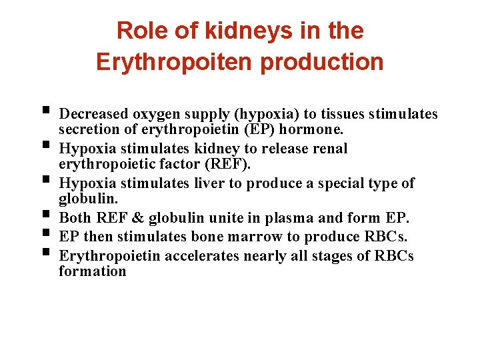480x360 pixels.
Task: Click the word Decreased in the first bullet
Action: [x=91, y=114]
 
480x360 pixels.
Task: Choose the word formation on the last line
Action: [x=92, y=271]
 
